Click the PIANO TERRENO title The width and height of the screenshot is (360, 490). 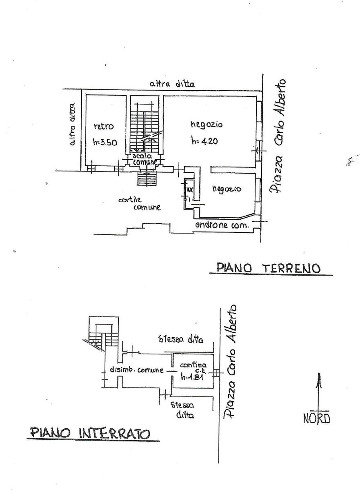click(x=268, y=268)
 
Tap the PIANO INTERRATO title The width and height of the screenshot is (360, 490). click(x=90, y=433)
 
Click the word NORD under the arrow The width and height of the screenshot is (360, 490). click(x=317, y=419)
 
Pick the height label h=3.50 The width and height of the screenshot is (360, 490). click(x=105, y=143)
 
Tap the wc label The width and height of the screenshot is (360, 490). click(x=189, y=190)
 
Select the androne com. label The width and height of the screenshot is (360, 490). click(x=222, y=225)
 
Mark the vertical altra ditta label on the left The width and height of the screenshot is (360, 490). click(x=72, y=124)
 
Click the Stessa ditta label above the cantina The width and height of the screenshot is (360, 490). click(x=181, y=339)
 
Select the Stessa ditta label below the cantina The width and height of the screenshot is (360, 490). click(x=182, y=410)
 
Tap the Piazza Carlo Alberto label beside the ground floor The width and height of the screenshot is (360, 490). click(x=278, y=137)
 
